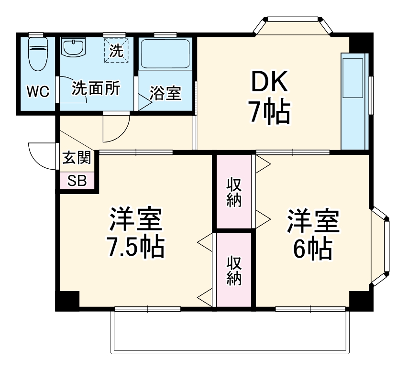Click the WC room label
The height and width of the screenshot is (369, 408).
click(x=37, y=92)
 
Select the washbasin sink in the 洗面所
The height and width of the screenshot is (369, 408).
click(x=73, y=48)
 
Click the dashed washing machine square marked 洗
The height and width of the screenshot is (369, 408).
click(x=117, y=50)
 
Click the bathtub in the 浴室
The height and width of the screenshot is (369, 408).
click(x=165, y=54)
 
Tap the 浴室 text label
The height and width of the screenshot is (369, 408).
click(x=165, y=93)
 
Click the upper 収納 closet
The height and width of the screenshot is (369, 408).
click(x=234, y=192)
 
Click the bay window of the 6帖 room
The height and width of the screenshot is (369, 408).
click(x=380, y=246)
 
